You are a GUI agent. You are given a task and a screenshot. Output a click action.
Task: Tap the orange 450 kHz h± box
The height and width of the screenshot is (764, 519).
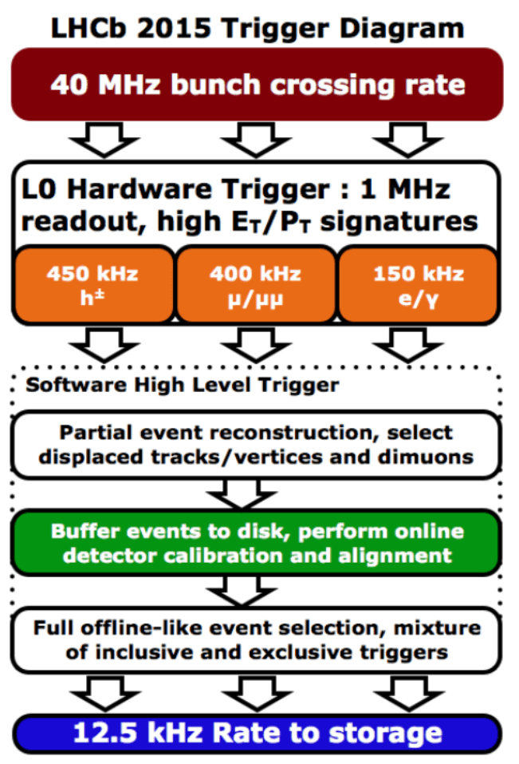coord(92,283)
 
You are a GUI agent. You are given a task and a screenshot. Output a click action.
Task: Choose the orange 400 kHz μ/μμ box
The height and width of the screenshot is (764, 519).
coord(256,283)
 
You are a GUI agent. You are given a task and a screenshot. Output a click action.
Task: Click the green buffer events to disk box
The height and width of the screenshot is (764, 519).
coord(257,542)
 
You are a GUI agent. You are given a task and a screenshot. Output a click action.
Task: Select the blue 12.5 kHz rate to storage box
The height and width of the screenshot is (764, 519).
coord(257,733)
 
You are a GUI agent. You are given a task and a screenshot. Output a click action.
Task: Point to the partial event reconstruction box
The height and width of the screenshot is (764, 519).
coord(257,445)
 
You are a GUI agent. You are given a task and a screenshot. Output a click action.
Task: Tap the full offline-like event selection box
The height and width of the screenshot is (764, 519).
coord(257,639)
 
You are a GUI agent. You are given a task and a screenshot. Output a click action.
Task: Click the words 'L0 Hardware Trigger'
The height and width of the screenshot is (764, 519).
coord(160,190)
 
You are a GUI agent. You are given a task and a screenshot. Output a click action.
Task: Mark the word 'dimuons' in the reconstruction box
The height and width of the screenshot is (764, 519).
coord(434,457)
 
